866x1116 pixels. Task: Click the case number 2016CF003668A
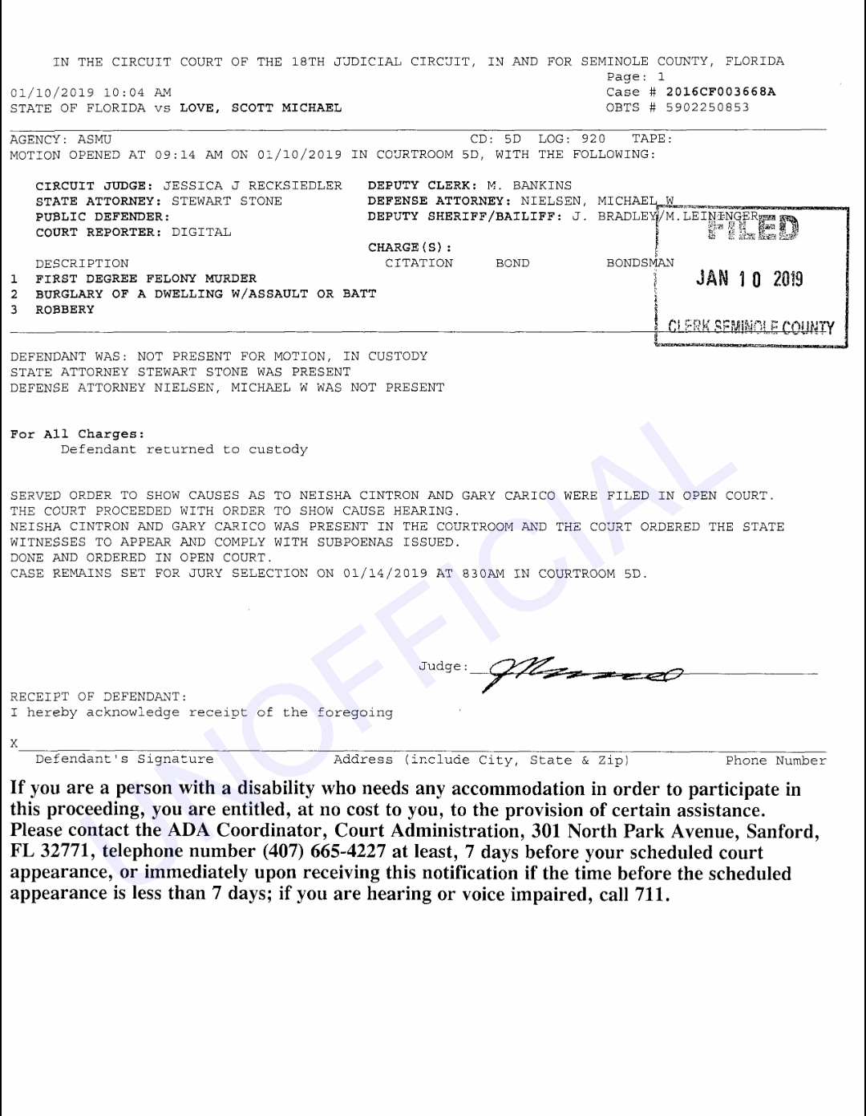coord(720,92)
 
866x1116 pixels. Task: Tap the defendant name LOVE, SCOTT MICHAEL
coord(261,108)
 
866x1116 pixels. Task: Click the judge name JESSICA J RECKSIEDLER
coord(253,185)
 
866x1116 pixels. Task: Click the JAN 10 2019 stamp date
coord(749,278)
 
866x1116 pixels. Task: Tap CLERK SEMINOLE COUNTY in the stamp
coord(751,327)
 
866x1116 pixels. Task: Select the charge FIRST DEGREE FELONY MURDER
coord(146,278)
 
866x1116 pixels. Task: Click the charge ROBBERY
coord(65,310)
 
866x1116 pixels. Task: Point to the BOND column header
coord(512,263)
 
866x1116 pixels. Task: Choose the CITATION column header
coord(419,263)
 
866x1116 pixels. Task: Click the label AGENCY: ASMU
coord(61,140)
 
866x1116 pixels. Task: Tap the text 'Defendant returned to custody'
coord(184,449)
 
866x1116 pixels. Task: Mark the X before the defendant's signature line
coord(14,744)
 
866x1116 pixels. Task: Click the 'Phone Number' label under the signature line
coord(775,760)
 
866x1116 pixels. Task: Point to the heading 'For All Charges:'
coord(78,434)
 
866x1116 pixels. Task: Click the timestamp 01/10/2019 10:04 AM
coord(91,92)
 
